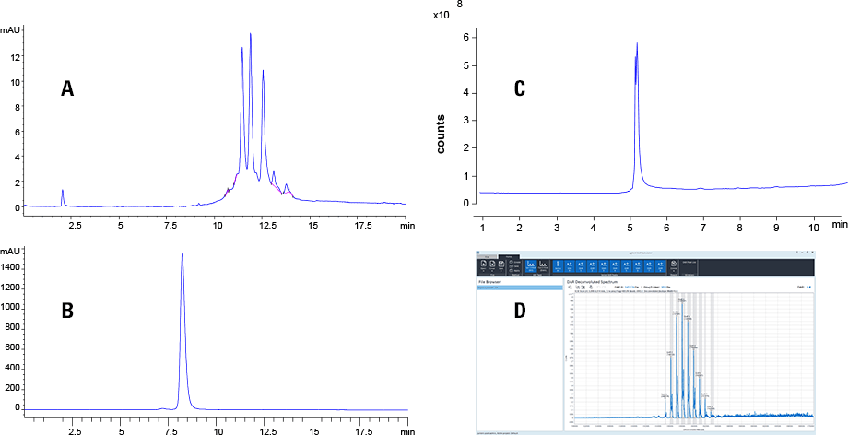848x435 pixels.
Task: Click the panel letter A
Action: click(x=66, y=88)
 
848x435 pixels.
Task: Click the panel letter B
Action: click(x=66, y=311)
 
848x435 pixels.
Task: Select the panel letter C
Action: click(x=519, y=88)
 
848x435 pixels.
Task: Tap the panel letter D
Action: click(x=519, y=312)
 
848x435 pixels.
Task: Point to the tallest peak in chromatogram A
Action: click(x=251, y=34)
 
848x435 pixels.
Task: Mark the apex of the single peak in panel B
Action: click(x=183, y=254)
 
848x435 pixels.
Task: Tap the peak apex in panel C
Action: click(x=637, y=42)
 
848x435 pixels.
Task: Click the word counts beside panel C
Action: click(x=442, y=134)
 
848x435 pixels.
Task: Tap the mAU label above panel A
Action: click(x=10, y=30)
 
